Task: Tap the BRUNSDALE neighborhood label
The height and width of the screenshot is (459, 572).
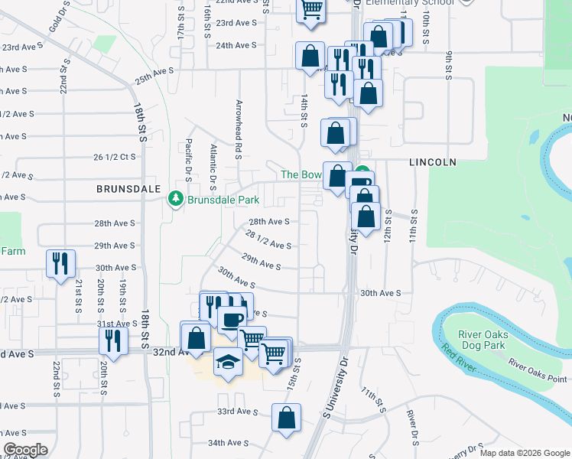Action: coord(128,187)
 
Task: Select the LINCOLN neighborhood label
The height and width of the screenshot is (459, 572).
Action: coord(433,162)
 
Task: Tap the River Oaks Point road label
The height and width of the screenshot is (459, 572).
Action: coord(537,370)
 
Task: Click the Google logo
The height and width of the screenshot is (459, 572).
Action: coord(26,450)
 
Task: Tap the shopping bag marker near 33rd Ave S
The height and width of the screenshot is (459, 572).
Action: coord(286,418)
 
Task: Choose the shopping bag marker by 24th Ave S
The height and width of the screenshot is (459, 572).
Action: coord(310,56)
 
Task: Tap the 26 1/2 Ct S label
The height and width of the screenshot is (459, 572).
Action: coord(114,157)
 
